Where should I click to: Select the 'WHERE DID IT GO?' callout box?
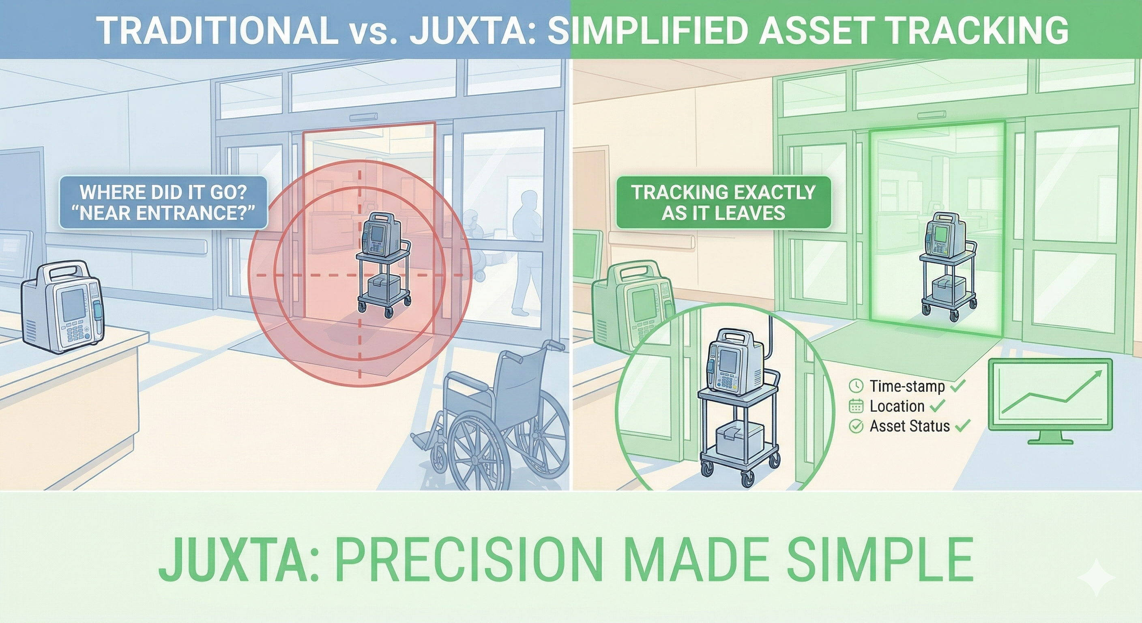163,203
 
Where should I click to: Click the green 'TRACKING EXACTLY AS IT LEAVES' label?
723,203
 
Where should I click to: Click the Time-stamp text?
907,386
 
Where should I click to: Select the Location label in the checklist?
896,406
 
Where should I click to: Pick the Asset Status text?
909,426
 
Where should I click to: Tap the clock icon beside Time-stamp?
856,386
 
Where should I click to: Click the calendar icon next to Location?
856,406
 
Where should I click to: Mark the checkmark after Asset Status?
962,426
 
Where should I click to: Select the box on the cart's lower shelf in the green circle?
739,436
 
